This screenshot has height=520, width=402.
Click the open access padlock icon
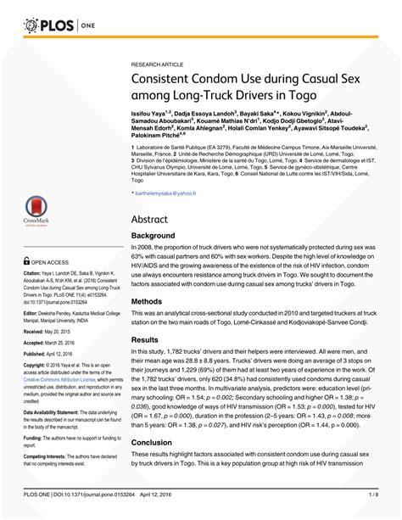pyautogui.click(x=26, y=262)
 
